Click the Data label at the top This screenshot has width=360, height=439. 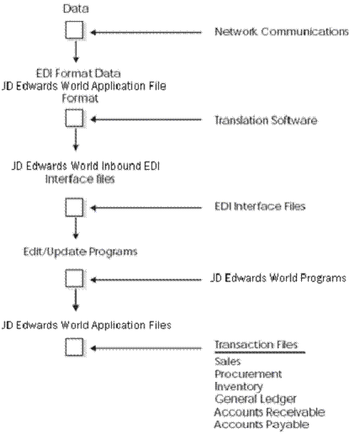tap(74, 10)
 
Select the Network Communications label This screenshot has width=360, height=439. tap(281, 32)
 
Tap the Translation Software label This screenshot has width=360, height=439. tap(266, 121)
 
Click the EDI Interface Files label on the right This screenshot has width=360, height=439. tap(259, 206)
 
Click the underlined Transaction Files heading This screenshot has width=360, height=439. tap(256, 345)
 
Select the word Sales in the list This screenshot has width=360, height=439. tap(227, 360)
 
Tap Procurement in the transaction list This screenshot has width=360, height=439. tap(248, 373)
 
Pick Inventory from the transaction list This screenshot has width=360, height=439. tap(239, 386)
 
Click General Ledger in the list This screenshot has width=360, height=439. tap(254, 399)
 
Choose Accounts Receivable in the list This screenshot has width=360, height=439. tap(269, 412)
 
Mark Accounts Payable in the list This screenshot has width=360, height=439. tap(262, 426)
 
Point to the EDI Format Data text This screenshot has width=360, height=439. tap(73, 73)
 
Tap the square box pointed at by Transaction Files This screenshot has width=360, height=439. tap(74, 346)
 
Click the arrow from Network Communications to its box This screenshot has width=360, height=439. tap(147, 32)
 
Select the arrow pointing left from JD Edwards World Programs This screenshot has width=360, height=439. tap(147, 278)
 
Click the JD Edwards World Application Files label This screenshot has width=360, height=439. tap(87, 324)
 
